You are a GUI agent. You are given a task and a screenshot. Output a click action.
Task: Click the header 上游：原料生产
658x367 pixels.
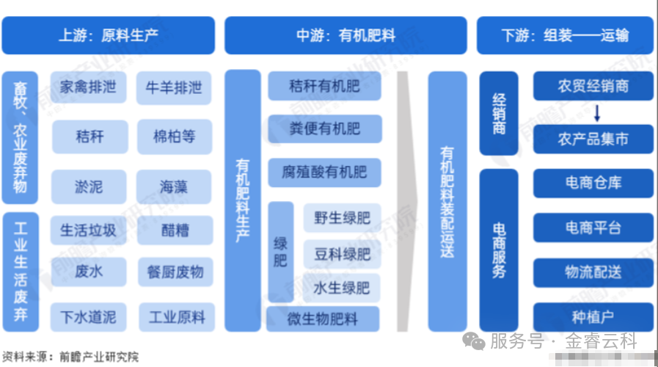pos(108,35)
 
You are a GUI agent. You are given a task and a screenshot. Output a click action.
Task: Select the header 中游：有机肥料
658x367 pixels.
pos(346,35)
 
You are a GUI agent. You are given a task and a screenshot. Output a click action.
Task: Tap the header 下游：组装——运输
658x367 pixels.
pos(566,35)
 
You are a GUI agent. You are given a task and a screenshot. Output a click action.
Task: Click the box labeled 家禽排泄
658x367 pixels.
pos(89,88)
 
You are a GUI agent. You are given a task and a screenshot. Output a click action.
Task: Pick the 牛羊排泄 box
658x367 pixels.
pos(175,88)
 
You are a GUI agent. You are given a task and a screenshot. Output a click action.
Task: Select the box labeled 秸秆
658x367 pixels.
pos(89,136)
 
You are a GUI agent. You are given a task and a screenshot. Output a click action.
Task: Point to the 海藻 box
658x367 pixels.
pos(175,186)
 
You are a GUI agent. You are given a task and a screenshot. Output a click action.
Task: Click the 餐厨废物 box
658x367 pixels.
pos(175,272)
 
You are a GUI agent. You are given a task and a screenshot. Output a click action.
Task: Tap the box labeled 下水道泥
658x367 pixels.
pos(89,317)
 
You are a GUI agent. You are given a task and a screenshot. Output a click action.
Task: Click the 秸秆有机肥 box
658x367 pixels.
pos(324,86)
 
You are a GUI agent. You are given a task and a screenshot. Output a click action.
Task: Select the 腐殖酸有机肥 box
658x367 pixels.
pos(324,172)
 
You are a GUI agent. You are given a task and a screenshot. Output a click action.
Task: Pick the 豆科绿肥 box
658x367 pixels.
pos(342,255)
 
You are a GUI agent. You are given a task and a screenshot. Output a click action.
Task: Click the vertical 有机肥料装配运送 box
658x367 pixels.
pos(447,201)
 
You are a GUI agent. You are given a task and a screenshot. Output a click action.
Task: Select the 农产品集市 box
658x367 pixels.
pos(593,138)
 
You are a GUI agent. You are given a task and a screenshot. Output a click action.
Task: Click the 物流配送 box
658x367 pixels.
pos(593,272)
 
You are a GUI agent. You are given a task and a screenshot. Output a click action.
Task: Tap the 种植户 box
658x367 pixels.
pos(593,317)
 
